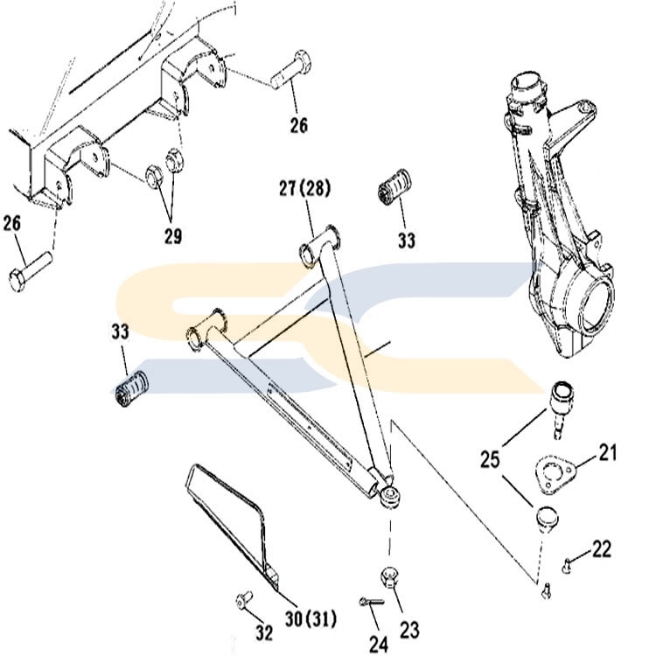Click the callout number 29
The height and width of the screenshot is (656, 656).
(173, 237)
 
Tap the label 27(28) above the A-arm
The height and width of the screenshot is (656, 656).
(305, 188)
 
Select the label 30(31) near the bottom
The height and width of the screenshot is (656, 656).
(311, 619)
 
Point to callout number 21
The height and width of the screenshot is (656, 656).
(608, 453)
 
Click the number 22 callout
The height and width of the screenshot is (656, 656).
(602, 548)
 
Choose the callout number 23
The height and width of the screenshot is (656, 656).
(409, 630)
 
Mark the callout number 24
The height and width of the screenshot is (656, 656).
(379, 645)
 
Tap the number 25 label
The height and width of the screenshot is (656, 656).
(490, 459)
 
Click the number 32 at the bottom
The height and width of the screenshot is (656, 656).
(264, 633)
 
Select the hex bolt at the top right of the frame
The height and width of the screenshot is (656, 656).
(290, 69)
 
